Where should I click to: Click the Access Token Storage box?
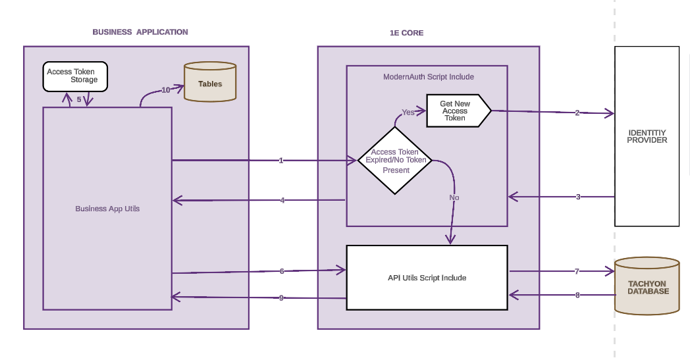click(x=75, y=76)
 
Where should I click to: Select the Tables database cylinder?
click(x=210, y=83)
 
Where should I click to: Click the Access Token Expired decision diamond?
click(x=394, y=161)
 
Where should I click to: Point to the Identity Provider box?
click(x=647, y=136)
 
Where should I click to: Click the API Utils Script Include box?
click(x=427, y=278)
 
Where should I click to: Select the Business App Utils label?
click(x=107, y=209)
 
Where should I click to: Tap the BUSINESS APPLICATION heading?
click(x=140, y=32)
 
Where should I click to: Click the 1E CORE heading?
click(x=406, y=32)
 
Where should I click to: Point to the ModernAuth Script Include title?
click(x=428, y=77)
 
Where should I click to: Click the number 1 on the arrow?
click(x=281, y=161)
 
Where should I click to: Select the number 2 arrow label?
click(x=577, y=113)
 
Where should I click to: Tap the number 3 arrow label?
click(x=578, y=197)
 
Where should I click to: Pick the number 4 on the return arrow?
click(x=282, y=200)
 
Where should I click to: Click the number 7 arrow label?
click(x=577, y=271)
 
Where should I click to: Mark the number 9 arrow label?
click(x=281, y=298)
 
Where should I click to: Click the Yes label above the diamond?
click(x=408, y=113)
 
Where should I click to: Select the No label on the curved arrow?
click(x=454, y=197)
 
